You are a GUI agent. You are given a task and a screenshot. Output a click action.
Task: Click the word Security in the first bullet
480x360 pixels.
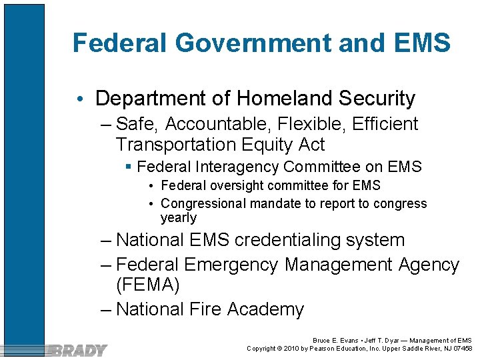coord(377,99)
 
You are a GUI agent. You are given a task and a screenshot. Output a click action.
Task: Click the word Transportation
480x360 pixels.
coord(175,145)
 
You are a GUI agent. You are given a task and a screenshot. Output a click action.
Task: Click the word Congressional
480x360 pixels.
coord(206,203)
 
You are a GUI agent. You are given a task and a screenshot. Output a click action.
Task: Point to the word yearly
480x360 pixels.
coord(179,218)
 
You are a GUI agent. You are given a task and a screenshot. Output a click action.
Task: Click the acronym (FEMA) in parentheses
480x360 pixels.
coord(147,286)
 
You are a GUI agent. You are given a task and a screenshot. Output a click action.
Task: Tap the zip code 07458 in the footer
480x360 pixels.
coord(461,348)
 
